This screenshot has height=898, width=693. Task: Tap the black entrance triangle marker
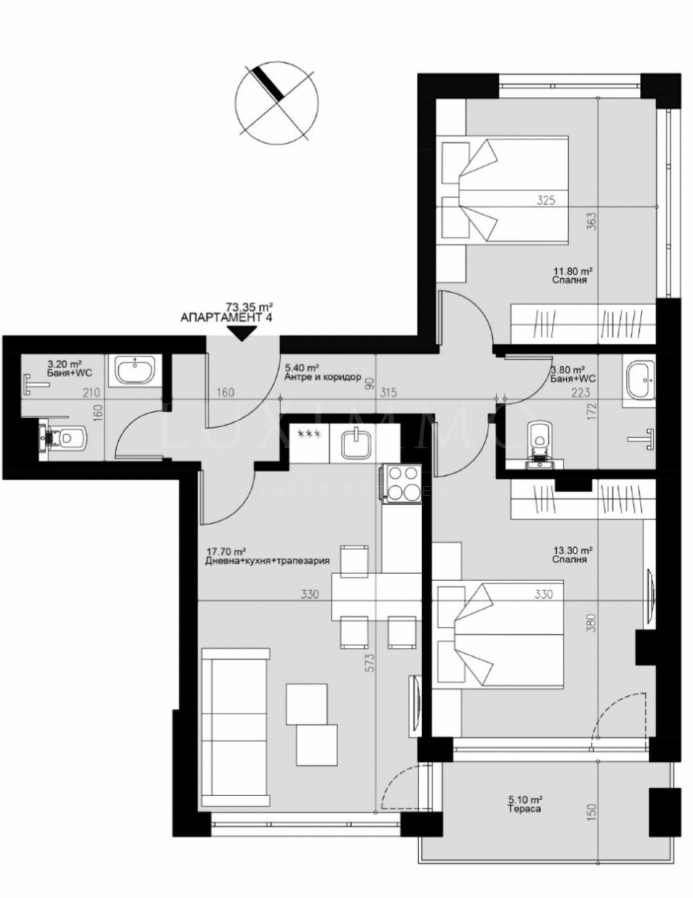[242, 333]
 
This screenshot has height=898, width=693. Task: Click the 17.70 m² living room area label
[227, 552]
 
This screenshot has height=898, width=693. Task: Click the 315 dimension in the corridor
[389, 392]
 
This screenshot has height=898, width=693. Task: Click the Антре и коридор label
[323, 377]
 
